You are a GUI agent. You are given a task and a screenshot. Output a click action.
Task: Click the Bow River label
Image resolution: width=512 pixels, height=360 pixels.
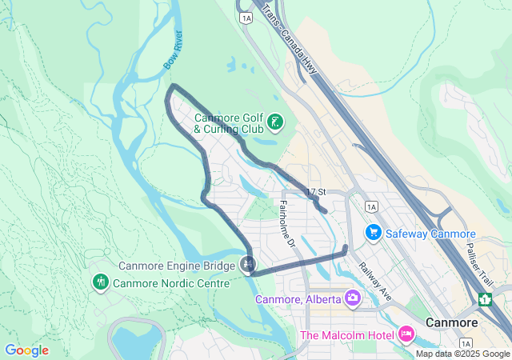pos(173,50)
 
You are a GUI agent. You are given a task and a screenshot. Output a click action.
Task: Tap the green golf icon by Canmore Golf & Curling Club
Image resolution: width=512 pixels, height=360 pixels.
pos(274,122)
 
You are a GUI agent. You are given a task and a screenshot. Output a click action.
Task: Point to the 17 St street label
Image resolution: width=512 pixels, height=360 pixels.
pos(317,192)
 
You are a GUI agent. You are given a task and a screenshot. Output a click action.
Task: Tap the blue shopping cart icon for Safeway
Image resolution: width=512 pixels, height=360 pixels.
pos(373,233)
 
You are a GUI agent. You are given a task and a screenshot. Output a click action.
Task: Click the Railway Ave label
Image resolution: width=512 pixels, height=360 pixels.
pos(374,281)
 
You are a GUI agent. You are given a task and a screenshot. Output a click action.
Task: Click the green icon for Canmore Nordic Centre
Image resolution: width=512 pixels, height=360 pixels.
pos(100,282)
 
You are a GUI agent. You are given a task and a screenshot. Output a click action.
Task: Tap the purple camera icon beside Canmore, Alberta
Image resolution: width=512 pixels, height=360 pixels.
pos(352,298)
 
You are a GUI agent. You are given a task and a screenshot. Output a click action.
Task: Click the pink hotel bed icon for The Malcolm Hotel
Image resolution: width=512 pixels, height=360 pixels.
pos(406,332)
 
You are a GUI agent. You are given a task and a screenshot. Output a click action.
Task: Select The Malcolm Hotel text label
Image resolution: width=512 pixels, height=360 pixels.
pos(346,333)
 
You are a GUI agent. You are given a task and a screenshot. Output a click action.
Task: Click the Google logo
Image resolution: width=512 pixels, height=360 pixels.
pos(26,350)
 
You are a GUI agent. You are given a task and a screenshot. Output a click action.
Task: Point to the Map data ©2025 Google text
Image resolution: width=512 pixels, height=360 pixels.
pos(462,354)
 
